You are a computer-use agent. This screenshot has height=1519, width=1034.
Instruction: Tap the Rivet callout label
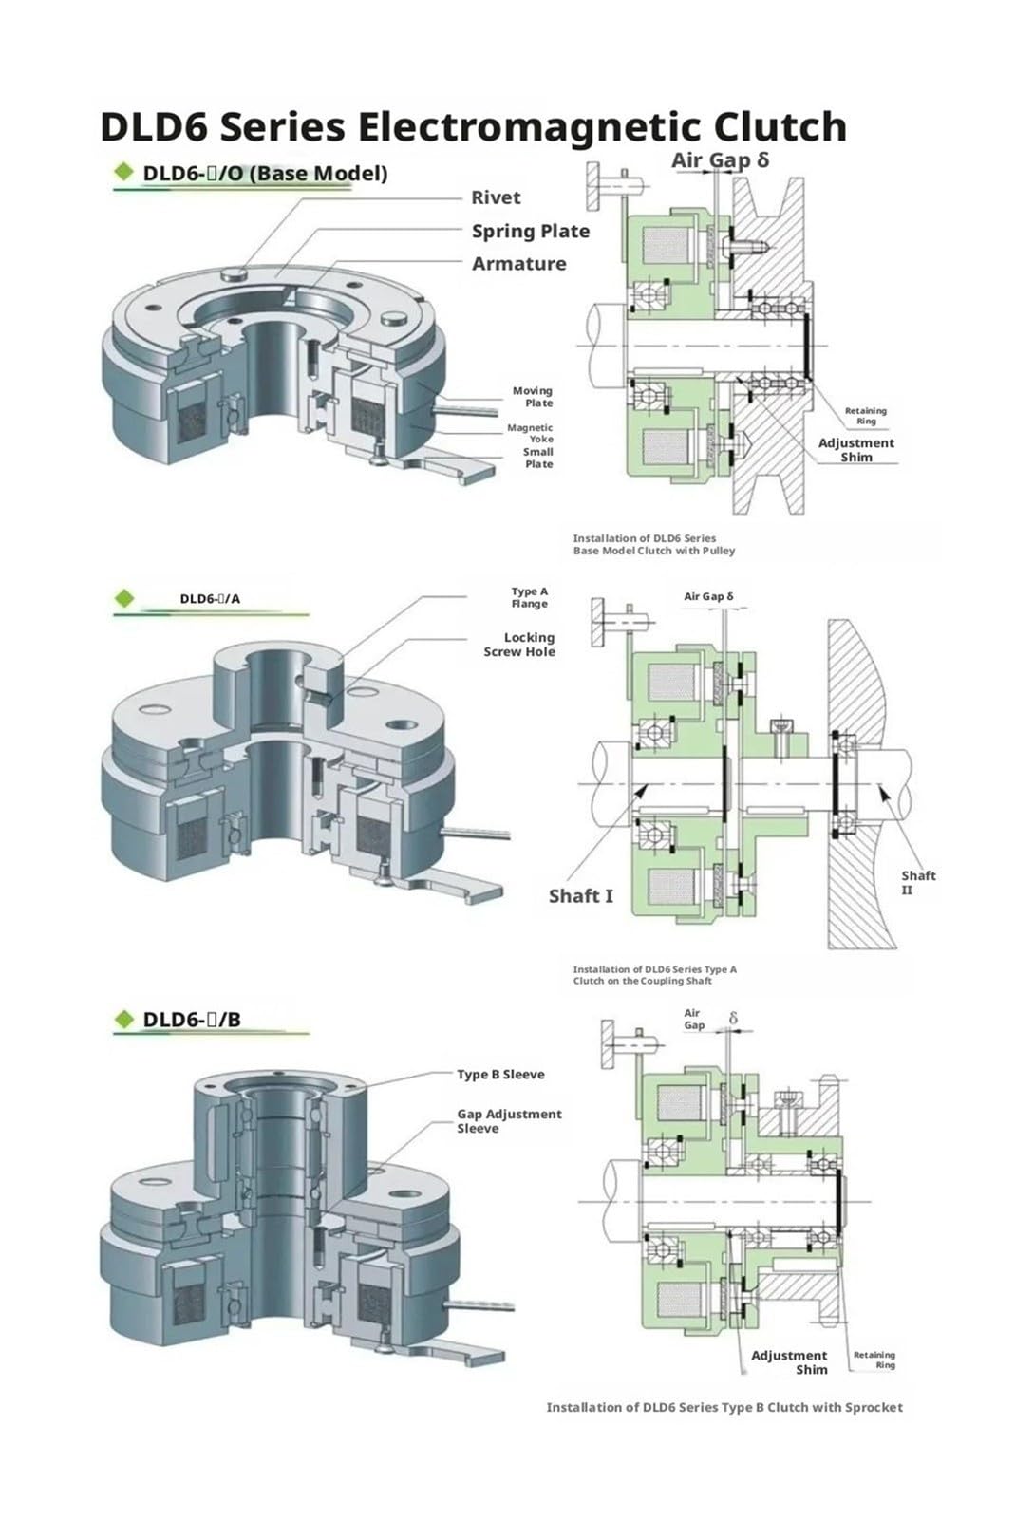[496, 198]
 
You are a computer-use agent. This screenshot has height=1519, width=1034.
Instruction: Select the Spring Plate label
[530, 232]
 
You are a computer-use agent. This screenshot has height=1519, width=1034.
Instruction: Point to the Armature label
[518, 264]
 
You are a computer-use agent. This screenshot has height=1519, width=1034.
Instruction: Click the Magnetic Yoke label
[530, 433]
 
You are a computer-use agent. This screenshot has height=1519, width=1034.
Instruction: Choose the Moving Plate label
[533, 397]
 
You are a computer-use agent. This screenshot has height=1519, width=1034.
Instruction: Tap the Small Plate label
[537, 458]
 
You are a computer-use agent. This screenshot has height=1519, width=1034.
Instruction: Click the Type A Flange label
[530, 597]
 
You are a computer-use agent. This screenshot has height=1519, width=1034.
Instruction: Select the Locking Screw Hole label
[519, 645]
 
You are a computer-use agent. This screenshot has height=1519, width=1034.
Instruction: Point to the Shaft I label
[580, 896]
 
